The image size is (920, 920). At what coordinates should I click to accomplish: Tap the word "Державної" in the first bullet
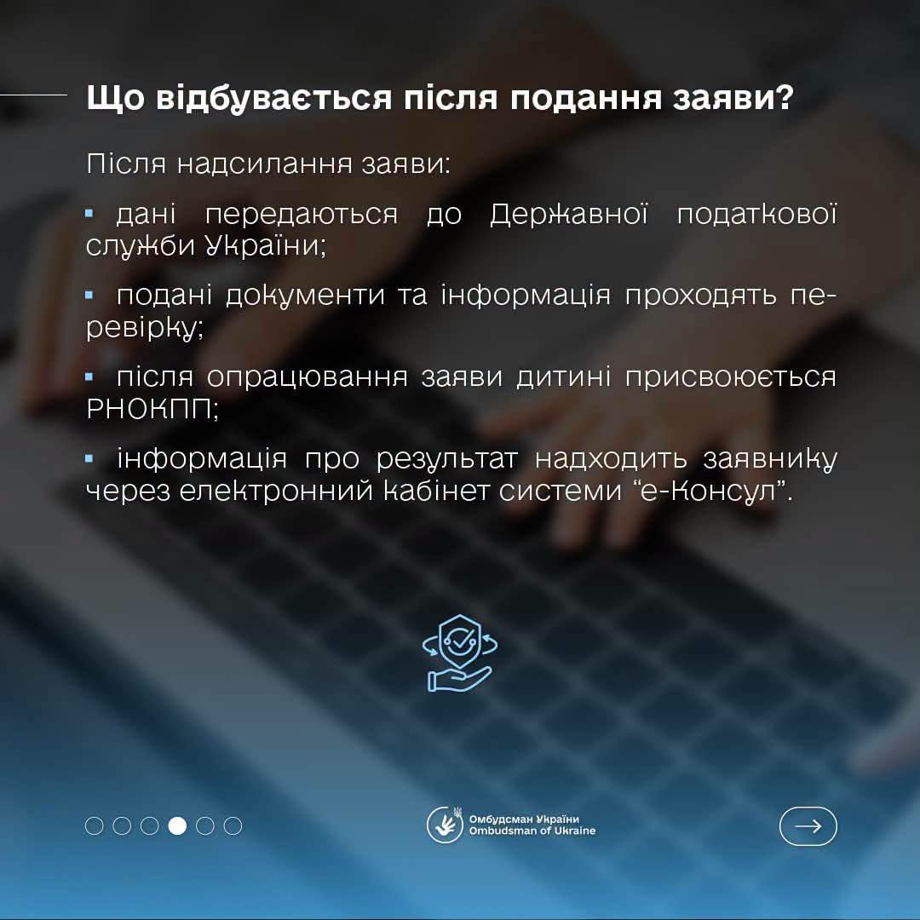click(x=568, y=213)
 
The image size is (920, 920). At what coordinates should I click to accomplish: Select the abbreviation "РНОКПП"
click(x=149, y=409)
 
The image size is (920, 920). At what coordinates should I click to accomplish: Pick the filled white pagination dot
click(x=177, y=825)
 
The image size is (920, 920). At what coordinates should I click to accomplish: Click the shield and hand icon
click(x=459, y=653)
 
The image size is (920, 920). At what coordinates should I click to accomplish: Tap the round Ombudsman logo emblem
click(x=445, y=825)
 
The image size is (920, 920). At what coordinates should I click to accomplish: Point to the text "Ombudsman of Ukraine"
click(x=532, y=831)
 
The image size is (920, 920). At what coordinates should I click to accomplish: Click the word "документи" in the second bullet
click(x=305, y=295)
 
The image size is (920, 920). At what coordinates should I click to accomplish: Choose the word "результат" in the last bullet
click(x=446, y=459)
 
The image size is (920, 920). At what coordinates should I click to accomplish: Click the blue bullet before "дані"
click(x=89, y=214)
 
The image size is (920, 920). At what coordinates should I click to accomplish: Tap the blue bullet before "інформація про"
click(x=89, y=458)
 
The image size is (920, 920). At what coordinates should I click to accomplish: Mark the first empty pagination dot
click(x=94, y=825)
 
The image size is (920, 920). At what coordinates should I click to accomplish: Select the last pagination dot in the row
click(x=233, y=825)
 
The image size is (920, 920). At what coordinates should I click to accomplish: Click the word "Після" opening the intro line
click(x=126, y=163)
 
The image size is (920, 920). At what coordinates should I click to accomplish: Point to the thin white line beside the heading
click(x=33, y=94)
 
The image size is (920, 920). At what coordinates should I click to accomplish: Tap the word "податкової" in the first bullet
click(x=757, y=213)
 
